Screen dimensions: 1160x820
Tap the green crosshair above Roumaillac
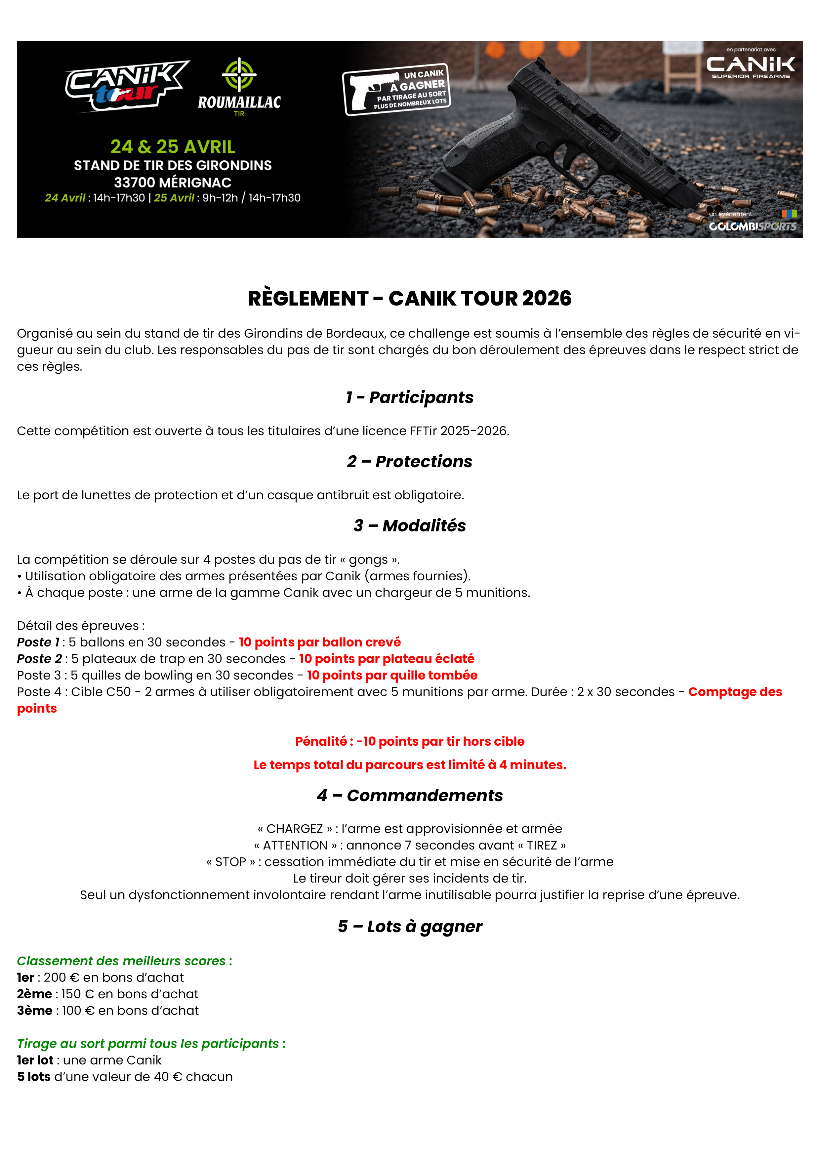pyautogui.click(x=239, y=75)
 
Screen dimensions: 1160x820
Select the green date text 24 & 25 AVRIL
pyautogui.click(x=173, y=146)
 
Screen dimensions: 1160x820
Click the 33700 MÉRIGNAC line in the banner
pyautogui.click(x=173, y=183)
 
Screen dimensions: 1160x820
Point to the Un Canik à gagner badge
pyautogui.click(x=397, y=89)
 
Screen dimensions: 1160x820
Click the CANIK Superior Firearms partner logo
pyautogui.click(x=751, y=66)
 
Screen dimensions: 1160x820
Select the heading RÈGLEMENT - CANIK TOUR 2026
pyautogui.click(x=410, y=299)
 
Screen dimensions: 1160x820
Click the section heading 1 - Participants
pyautogui.click(x=410, y=397)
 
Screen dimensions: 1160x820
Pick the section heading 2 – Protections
pyautogui.click(x=410, y=462)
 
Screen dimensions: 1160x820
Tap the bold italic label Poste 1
pyautogui.click(x=38, y=642)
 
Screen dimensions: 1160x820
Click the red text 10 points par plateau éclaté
pyautogui.click(x=387, y=659)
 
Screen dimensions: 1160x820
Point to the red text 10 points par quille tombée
pyautogui.click(x=392, y=676)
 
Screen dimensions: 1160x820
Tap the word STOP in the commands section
pyautogui.click(x=230, y=862)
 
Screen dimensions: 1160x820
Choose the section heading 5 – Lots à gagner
pyautogui.click(x=410, y=927)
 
